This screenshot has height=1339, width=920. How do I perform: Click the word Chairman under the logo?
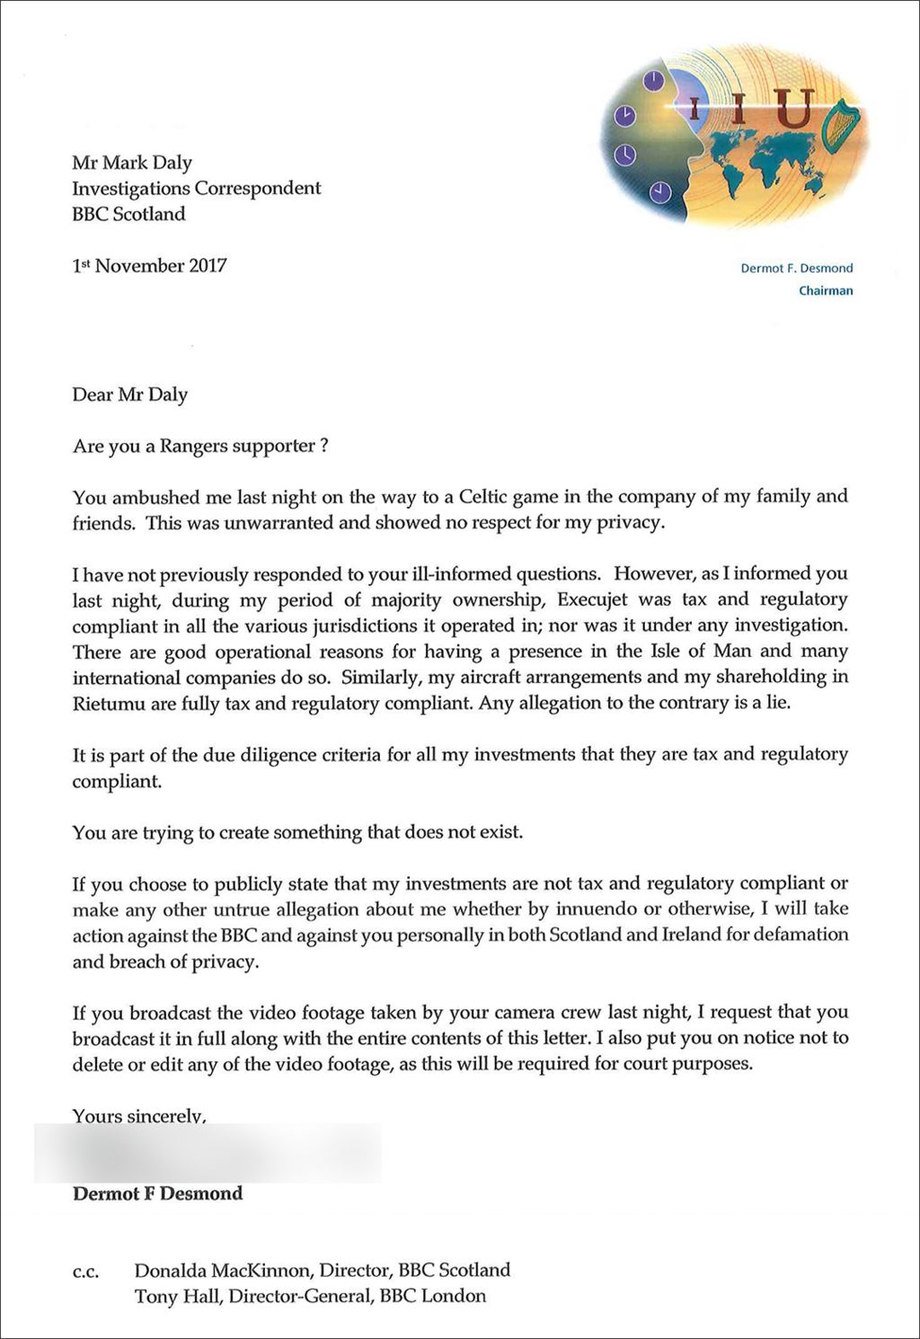point(826,290)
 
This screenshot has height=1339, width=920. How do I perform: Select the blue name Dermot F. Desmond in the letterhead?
point(796,268)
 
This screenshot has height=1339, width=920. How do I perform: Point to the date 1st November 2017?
point(149,266)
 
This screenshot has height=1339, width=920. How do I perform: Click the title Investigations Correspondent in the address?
point(196,189)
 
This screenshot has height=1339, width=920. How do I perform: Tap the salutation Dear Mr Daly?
point(130,395)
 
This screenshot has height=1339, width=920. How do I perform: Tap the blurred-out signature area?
point(207,1152)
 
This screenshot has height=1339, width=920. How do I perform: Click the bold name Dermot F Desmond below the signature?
point(157,1193)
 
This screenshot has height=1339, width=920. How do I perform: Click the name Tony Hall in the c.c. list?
point(177,1296)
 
